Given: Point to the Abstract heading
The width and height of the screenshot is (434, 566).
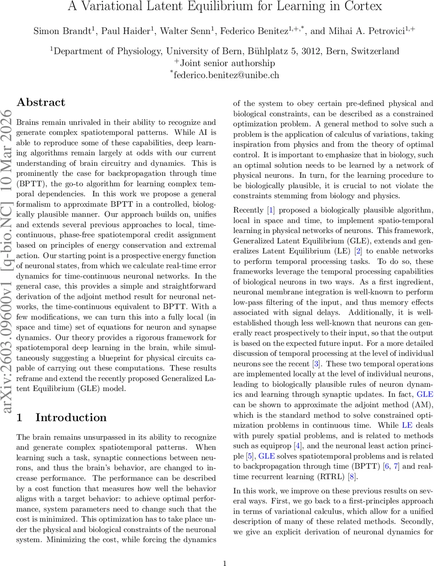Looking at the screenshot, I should [41, 102].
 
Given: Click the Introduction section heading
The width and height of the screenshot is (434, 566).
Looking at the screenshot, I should [71, 417].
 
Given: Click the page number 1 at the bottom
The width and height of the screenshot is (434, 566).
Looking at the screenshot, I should [225, 549].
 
